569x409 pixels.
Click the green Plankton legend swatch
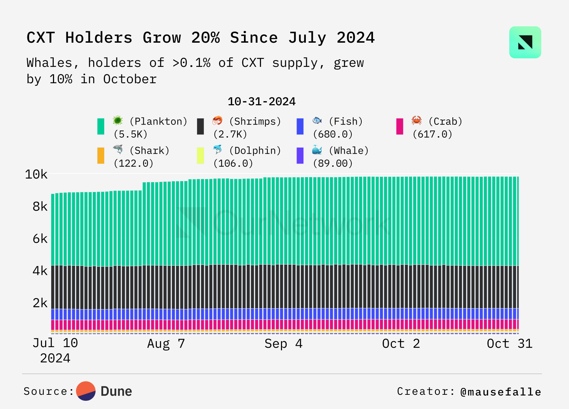101,126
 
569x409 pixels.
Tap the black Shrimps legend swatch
201,126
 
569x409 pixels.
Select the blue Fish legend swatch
300,126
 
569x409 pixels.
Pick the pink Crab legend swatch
400,126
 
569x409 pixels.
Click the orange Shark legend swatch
101,155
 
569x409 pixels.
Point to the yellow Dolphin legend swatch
201,155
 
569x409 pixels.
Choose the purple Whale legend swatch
300,155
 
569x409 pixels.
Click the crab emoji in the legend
416,120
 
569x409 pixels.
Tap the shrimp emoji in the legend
217,120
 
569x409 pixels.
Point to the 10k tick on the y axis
36,175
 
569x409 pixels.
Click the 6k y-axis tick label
40,239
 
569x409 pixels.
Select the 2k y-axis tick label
40,303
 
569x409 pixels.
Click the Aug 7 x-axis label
166,344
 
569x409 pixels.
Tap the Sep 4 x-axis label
283,344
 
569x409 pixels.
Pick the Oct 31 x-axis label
510,344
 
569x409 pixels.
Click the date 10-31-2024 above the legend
262,102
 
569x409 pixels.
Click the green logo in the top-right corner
525,42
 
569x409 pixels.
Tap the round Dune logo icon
86,391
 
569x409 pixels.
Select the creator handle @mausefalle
501,392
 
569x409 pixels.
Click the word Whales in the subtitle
49,63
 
